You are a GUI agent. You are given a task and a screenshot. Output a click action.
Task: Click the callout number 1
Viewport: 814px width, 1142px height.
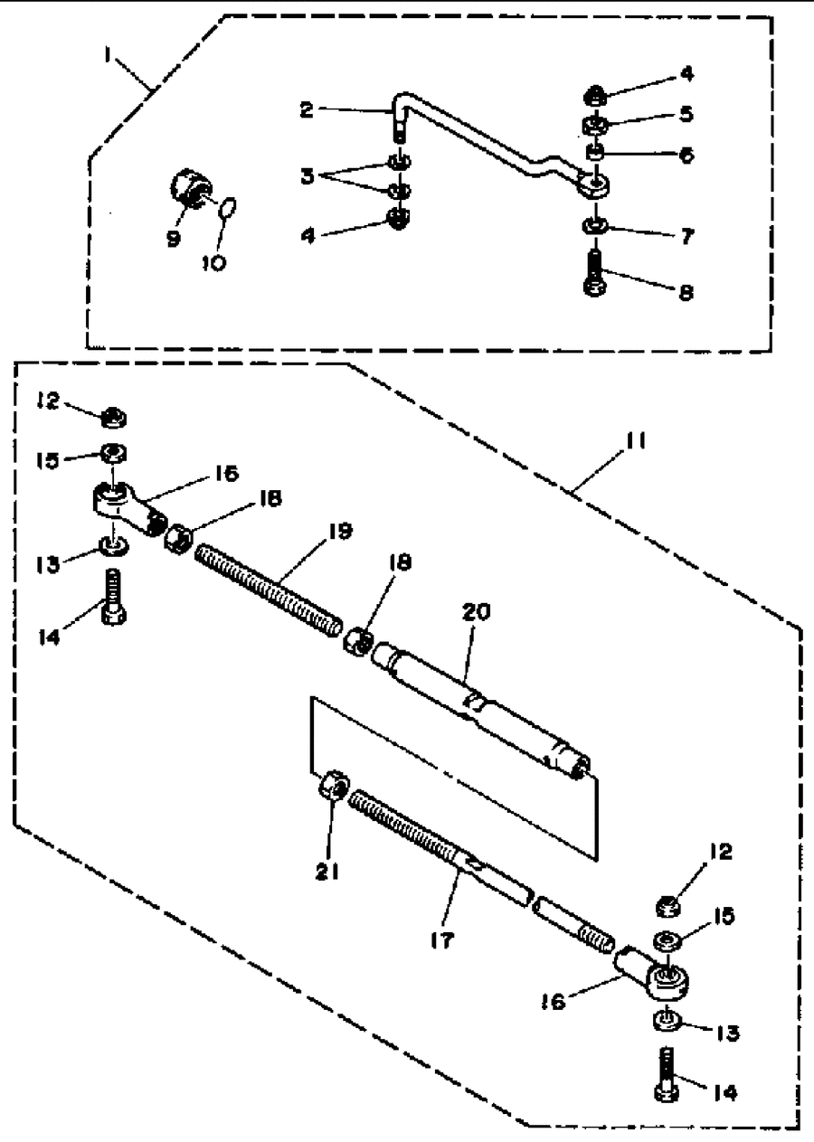[x=108, y=54]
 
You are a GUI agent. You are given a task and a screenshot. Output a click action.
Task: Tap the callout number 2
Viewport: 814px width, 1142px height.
[x=306, y=110]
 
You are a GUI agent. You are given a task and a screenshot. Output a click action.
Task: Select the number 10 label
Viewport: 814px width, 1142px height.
[x=214, y=263]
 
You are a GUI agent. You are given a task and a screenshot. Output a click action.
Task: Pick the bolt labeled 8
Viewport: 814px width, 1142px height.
[x=595, y=272]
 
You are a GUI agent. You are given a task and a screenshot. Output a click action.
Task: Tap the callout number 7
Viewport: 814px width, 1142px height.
[x=687, y=236]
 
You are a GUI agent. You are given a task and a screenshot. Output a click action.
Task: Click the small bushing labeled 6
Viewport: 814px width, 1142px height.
[x=595, y=152]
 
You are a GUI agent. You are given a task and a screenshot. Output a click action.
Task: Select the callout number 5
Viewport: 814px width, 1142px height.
[x=687, y=114]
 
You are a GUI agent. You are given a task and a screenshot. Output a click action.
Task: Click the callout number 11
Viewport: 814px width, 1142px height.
[x=636, y=441]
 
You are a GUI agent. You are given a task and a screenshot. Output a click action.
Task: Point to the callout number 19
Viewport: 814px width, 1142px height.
[x=341, y=532]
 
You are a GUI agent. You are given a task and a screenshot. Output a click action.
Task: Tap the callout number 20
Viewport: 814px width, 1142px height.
[x=476, y=612]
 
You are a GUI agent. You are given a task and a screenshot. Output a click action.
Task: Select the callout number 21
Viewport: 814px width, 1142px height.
[x=327, y=873]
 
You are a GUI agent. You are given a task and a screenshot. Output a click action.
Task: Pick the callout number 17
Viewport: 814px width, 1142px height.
[x=441, y=939]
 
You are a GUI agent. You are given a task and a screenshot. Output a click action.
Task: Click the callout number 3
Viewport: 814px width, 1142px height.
[x=307, y=176]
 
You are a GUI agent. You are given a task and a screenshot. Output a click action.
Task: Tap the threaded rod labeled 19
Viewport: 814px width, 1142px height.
[x=269, y=590]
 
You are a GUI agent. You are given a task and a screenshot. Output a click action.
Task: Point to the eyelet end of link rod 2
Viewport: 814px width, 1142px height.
[x=594, y=184]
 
